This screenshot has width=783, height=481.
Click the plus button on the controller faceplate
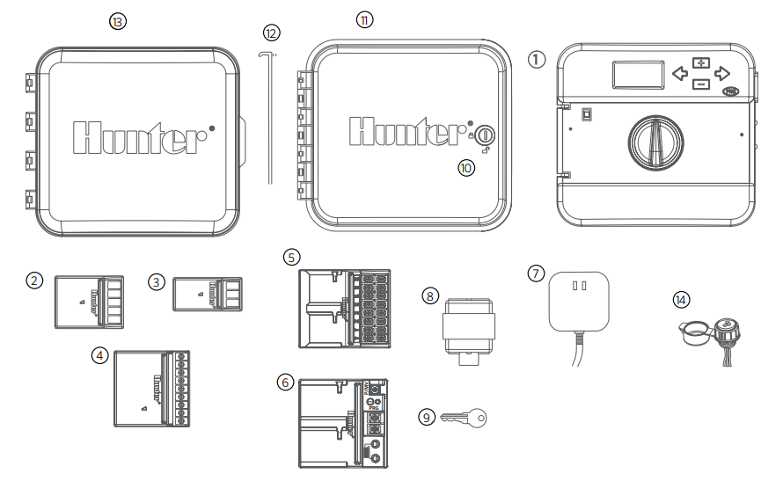[700, 62]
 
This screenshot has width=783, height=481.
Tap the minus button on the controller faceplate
[700, 84]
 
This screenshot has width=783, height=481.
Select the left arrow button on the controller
[680, 73]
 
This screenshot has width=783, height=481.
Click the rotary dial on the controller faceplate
[654, 142]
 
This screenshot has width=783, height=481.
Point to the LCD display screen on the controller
[638, 75]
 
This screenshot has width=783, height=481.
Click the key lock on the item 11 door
[486, 137]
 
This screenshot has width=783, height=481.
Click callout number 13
[116, 21]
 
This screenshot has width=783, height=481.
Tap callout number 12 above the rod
[271, 33]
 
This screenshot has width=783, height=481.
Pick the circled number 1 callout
[537, 60]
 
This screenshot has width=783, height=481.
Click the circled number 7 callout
[536, 273]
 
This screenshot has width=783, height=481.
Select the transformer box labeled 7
[578, 302]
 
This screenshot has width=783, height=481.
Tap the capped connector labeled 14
[713, 337]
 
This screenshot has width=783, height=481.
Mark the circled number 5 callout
[293, 257]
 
